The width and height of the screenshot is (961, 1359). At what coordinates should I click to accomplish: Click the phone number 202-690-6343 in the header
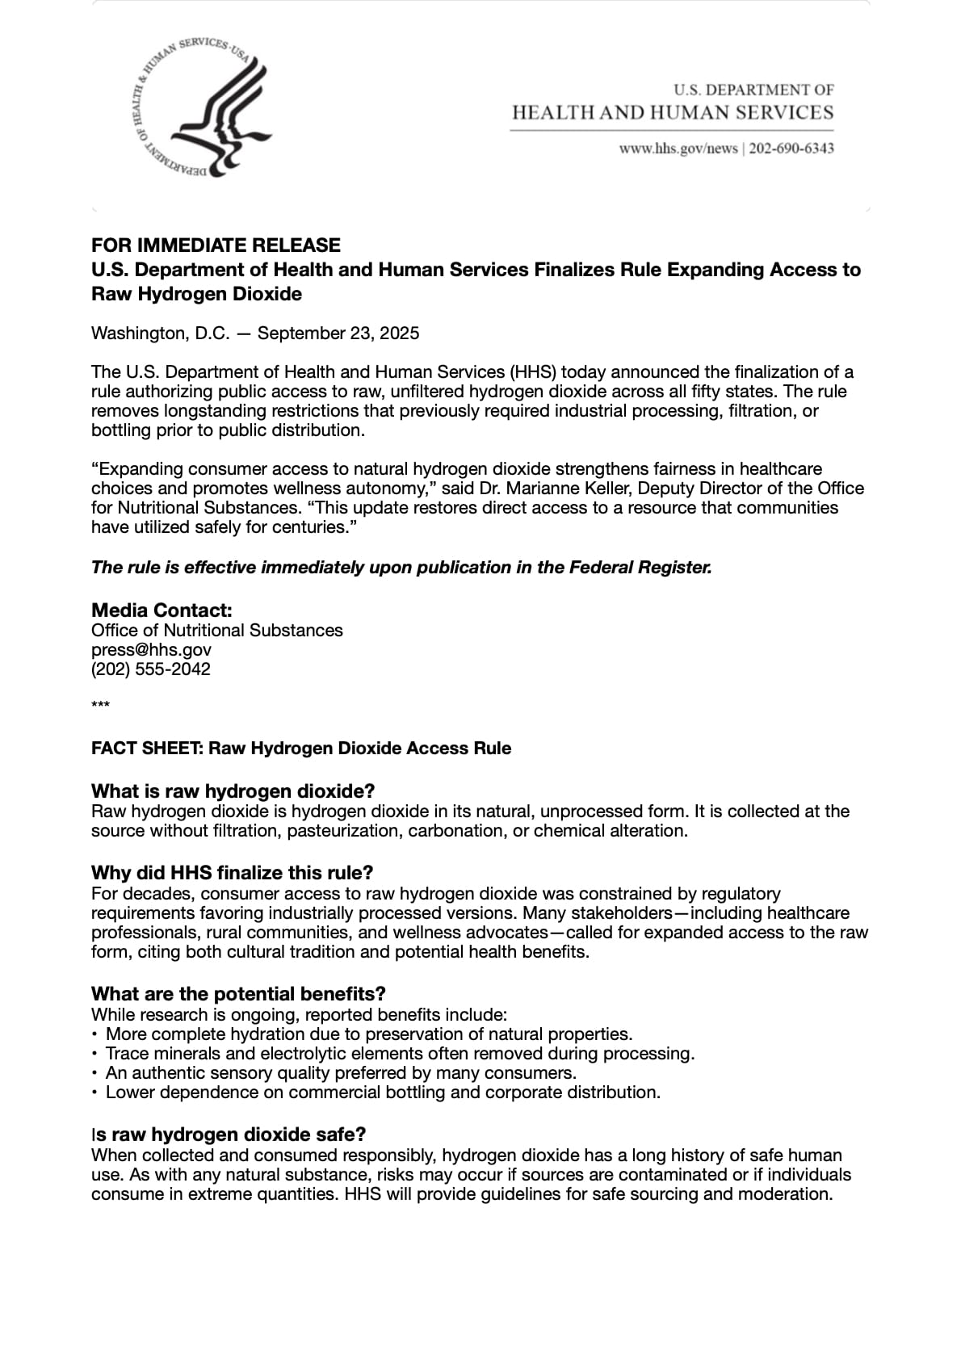point(791,149)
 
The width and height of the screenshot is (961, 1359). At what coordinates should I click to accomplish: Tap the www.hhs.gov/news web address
point(678,149)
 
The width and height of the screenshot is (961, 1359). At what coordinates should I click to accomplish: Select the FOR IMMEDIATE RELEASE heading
point(216,245)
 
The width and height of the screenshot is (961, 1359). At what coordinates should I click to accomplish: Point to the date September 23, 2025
point(338,333)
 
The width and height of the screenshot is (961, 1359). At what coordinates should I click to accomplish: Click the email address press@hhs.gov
point(151,650)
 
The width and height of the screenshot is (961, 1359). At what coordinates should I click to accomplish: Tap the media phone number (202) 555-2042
point(151,669)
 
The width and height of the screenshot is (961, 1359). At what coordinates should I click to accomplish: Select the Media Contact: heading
point(162,610)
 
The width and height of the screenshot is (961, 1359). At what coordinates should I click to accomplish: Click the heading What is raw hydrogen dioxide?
point(233,791)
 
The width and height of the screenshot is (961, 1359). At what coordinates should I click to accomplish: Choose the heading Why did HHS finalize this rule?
point(232,873)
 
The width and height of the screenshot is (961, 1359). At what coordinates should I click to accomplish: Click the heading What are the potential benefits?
point(238,993)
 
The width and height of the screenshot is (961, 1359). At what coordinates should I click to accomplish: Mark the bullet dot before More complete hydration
point(95,1034)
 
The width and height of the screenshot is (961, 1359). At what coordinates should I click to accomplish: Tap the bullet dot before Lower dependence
point(95,1093)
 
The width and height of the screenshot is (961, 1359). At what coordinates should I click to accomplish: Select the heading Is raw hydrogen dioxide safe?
point(229,1135)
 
